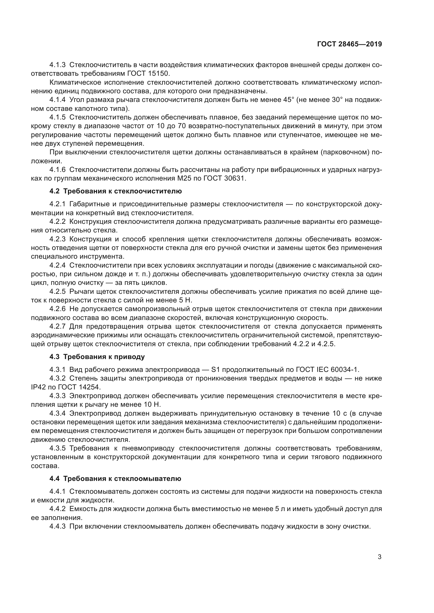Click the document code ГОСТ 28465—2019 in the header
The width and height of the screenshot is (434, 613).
click(x=349, y=44)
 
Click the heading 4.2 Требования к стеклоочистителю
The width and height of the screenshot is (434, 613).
click(x=115, y=191)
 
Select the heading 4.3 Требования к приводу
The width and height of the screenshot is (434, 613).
click(x=97, y=357)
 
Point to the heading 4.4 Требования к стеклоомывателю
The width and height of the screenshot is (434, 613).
click(x=115, y=479)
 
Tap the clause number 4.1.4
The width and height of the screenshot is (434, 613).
click(x=57, y=100)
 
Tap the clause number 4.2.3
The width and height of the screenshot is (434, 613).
click(x=57, y=239)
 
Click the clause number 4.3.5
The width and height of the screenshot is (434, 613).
click(x=57, y=448)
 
